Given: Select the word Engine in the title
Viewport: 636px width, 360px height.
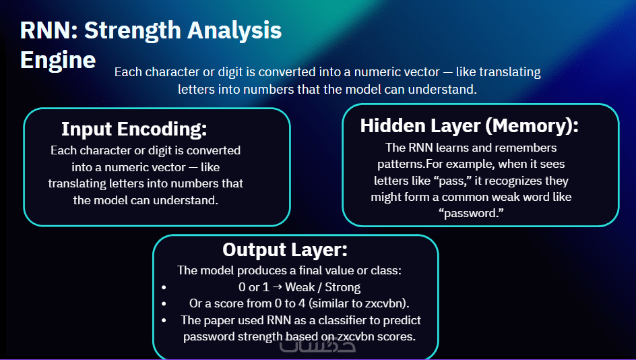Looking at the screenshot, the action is pyautogui.click(x=58, y=61).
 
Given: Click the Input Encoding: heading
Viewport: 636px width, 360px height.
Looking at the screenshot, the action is pyautogui.click(x=134, y=129).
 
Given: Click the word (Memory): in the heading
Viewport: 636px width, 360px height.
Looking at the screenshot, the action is pyautogui.click(x=532, y=126).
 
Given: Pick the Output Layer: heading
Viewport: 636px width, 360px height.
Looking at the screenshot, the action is pyautogui.click(x=285, y=250).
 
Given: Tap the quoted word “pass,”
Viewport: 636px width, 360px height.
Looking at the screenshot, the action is pyautogui.click(x=455, y=181).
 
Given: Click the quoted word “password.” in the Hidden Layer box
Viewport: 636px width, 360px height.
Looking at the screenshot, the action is pyautogui.click(x=471, y=214).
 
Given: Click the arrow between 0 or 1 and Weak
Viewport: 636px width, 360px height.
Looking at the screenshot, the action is pyautogui.click(x=278, y=287).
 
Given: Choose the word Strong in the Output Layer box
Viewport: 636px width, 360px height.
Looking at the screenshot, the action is pyautogui.click(x=343, y=287).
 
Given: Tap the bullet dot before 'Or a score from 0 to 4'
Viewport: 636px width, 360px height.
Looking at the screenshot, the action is pyautogui.click(x=164, y=303).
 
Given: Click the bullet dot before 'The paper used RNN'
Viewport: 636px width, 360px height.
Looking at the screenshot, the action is pyautogui.click(x=164, y=320).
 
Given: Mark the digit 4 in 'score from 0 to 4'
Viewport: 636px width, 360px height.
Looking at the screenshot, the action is pyautogui.click(x=302, y=303).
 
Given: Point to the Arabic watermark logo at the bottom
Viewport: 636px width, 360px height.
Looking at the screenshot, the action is pyautogui.click(x=317, y=345).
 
